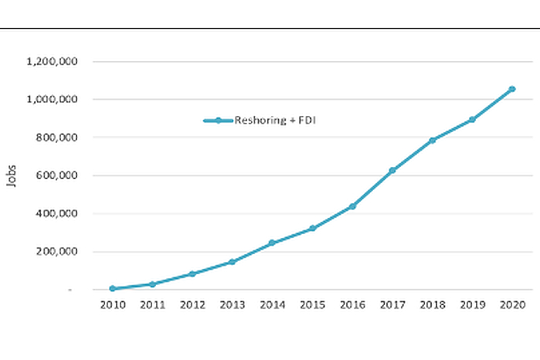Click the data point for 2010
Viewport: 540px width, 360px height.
112,288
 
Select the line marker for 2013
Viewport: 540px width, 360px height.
232,262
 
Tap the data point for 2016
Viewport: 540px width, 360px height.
352,206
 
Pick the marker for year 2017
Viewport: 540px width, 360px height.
392,170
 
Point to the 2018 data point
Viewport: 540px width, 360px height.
433,140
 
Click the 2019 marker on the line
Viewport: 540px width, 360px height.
472,120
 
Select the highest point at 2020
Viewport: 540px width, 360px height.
512,89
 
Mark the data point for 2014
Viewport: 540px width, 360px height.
272,243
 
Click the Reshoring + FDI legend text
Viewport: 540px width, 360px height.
266,121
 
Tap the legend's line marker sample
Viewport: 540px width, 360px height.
219,121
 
